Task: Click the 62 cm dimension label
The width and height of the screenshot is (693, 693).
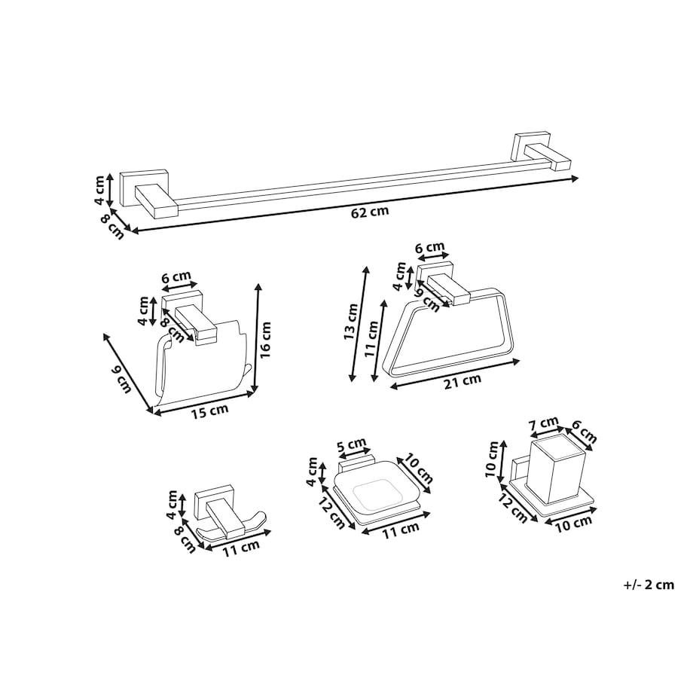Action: point(370,212)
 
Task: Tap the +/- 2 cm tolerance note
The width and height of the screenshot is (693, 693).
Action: point(649,585)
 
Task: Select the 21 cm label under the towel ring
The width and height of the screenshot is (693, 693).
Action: point(463,381)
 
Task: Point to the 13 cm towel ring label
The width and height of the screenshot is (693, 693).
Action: point(350,322)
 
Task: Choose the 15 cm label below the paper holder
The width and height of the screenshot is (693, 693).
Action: point(210,411)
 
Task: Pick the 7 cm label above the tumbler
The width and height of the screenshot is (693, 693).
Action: point(544,424)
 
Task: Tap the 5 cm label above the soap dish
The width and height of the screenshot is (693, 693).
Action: point(352,444)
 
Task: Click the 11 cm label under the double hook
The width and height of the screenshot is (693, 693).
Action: point(240,548)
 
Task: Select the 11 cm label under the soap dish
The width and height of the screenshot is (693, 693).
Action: point(401,530)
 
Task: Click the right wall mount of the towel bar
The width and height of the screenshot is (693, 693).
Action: point(541,154)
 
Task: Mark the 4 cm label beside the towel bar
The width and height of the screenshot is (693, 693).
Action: point(100,190)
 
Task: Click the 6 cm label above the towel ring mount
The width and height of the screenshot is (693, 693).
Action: point(429,248)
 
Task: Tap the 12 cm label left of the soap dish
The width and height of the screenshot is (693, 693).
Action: point(331,514)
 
